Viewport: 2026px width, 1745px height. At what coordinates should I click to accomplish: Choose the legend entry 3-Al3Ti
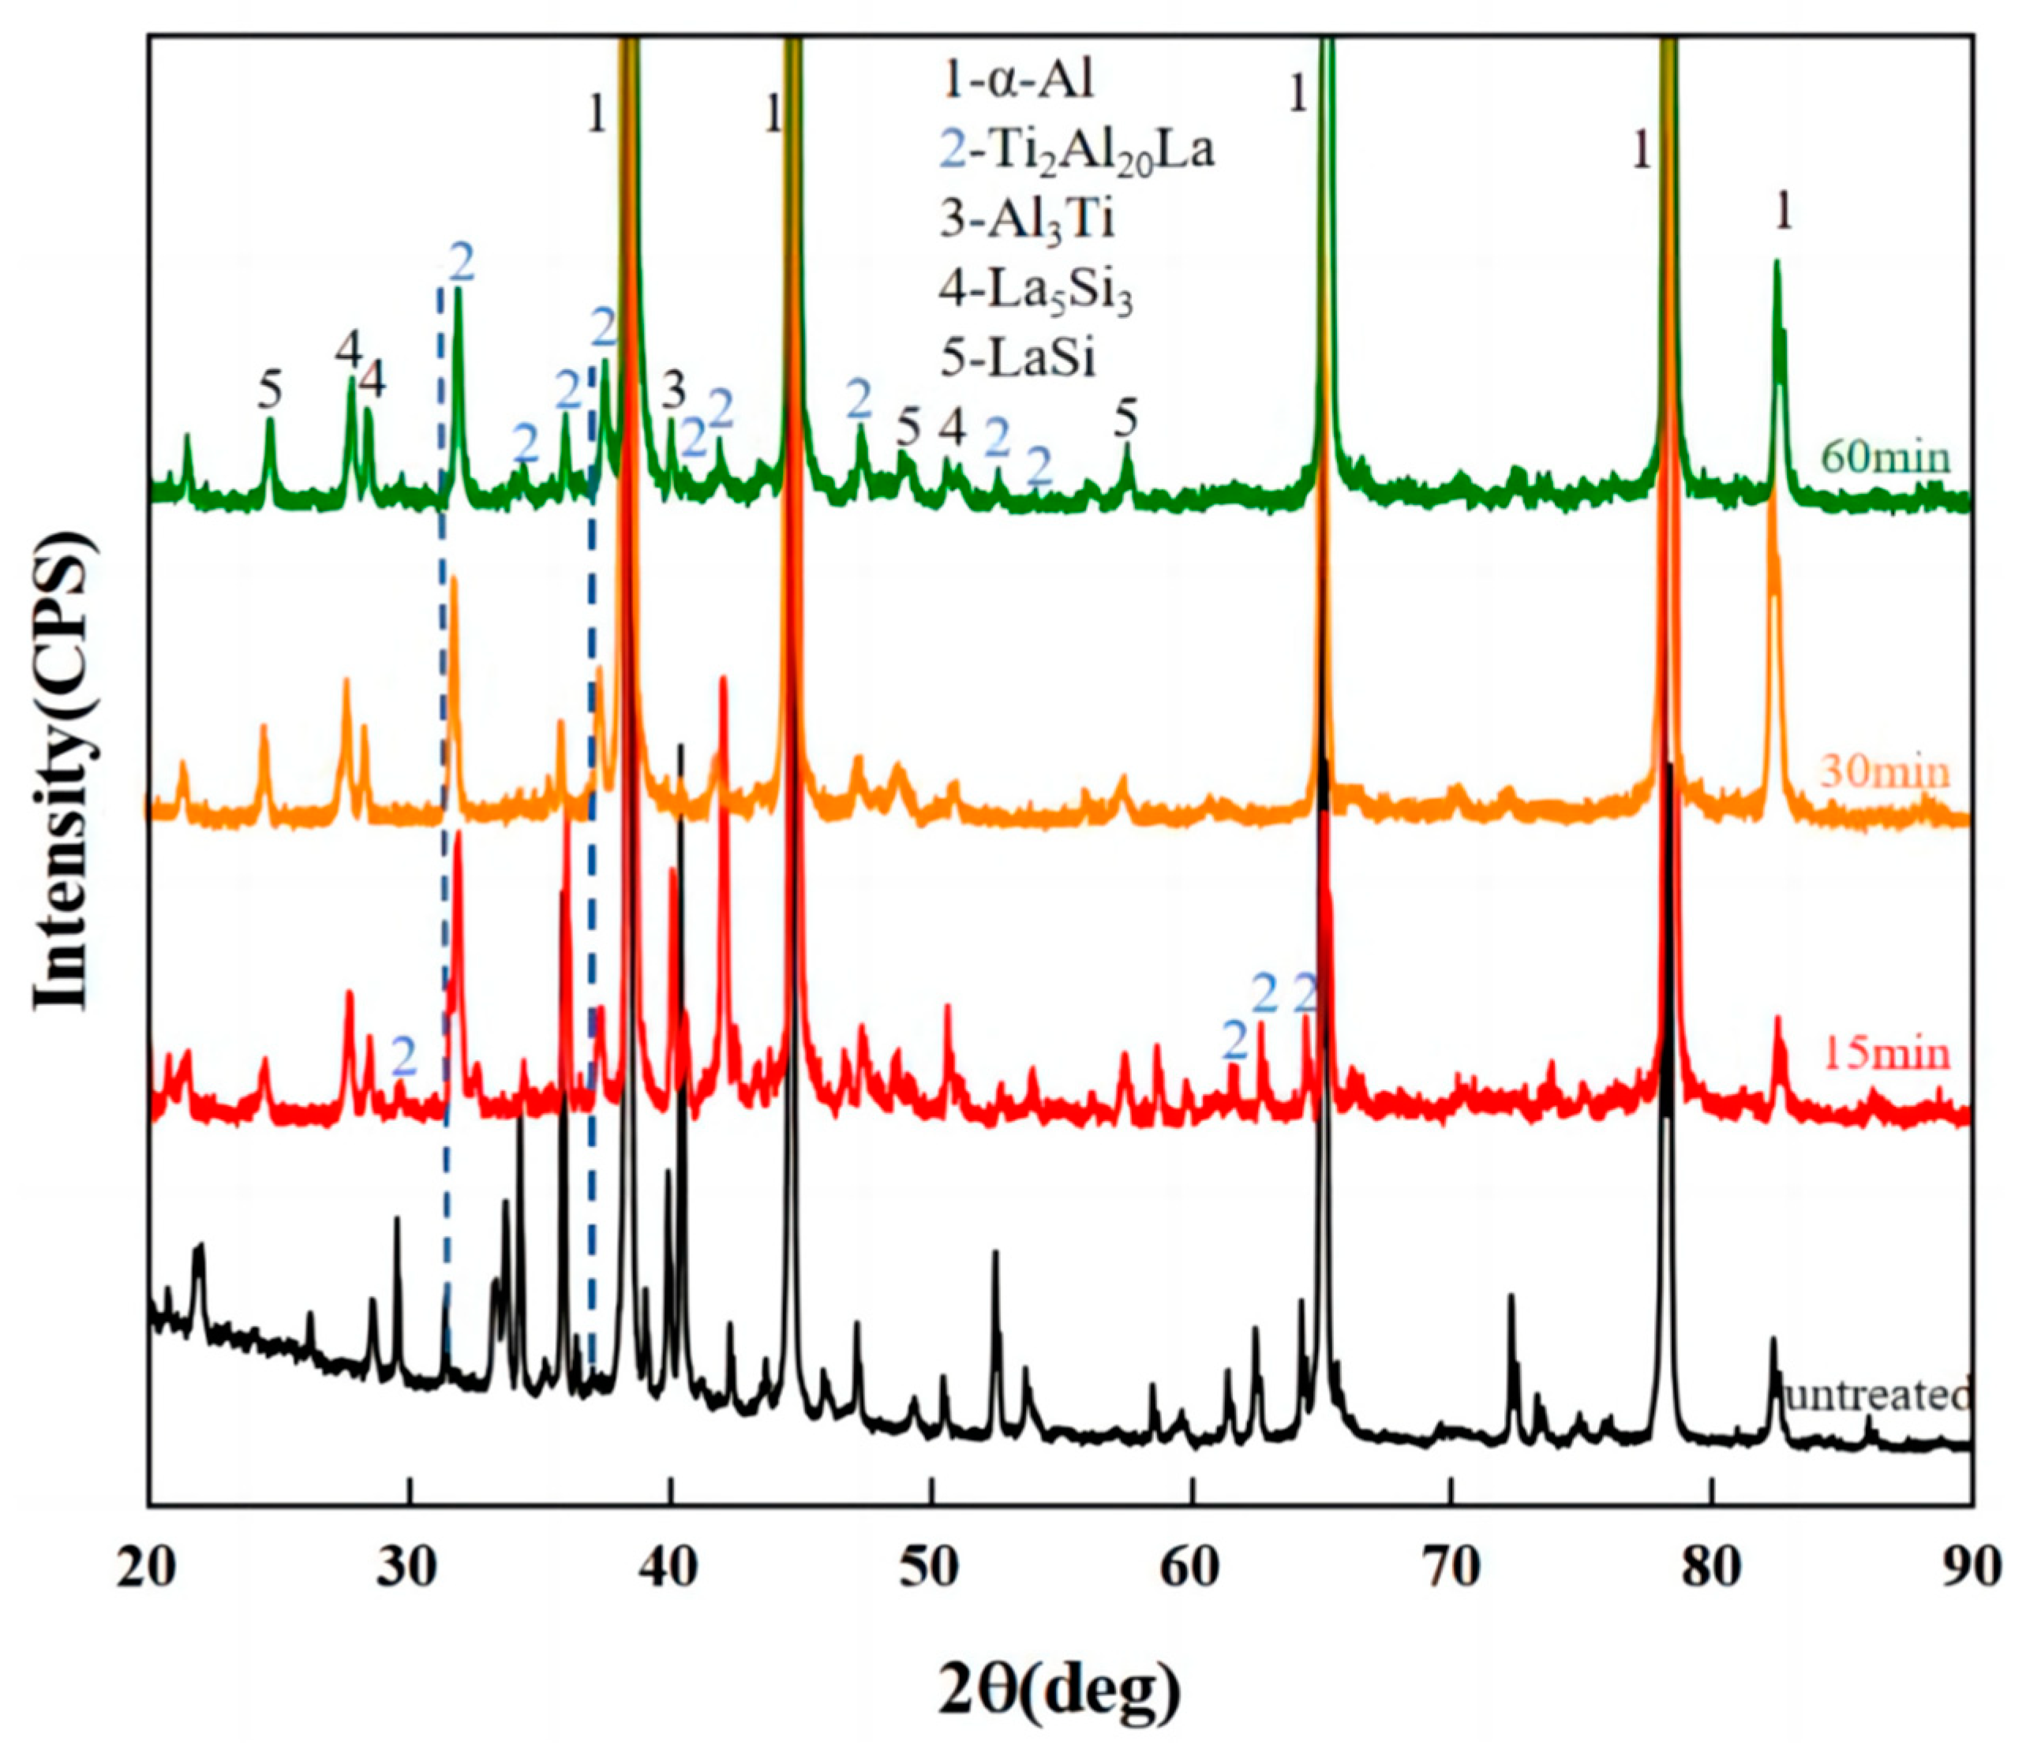[x=1027, y=221]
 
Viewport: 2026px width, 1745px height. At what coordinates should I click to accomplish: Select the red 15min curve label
[x=1886, y=1055]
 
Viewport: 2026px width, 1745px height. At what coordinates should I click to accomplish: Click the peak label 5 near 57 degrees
[x=1126, y=420]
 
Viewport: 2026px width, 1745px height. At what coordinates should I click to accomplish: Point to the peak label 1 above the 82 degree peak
[x=1784, y=212]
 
